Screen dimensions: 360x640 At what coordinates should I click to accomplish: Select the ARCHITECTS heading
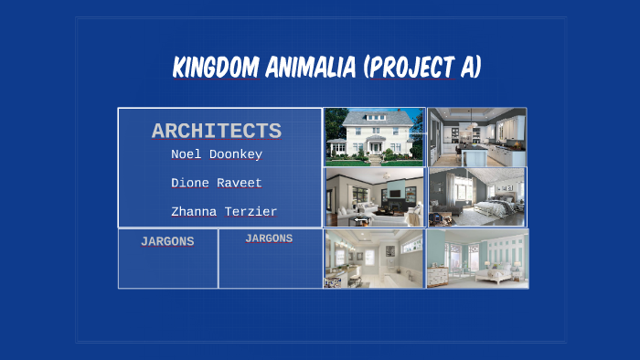[x=216, y=131]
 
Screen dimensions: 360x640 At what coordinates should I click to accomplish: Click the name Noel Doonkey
[x=217, y=154]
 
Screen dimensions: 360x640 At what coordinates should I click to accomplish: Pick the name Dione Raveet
[x=217, y=183]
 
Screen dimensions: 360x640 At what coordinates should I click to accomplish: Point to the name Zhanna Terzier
[x=224, y=211]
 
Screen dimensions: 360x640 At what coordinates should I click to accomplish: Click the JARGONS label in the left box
[x=167, y=242]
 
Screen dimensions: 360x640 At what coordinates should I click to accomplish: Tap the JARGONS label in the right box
[x=269, y=238]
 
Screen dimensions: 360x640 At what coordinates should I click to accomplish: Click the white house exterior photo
[x=374, y=136]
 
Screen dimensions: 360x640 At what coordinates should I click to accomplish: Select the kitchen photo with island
[x=476, y=137]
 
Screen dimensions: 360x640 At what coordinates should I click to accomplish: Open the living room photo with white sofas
[x=374, y=196]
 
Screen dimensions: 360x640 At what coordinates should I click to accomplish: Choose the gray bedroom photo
[x=476, y=196]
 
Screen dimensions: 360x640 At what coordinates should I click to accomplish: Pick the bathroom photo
[x=374, y=259]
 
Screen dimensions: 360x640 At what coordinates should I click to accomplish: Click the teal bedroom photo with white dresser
[x=476, y=259]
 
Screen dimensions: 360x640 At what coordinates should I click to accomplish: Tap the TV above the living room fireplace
[x=395, y=193]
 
